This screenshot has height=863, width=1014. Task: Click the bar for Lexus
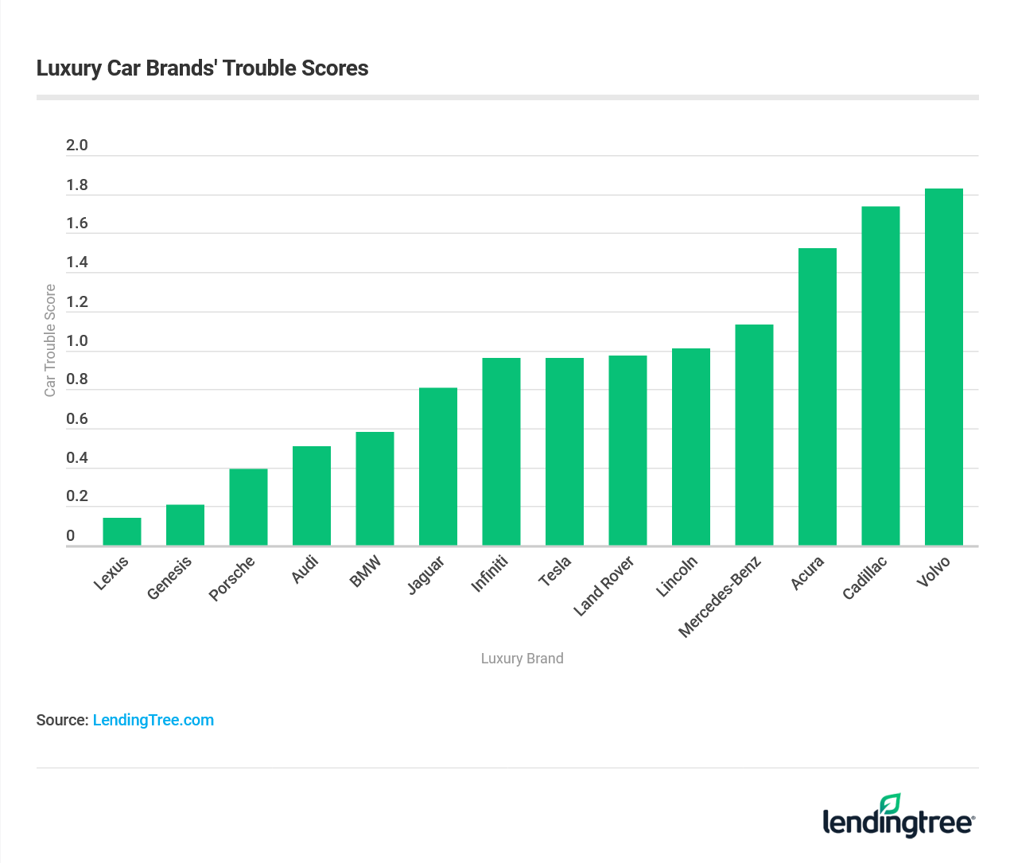pos(122,531)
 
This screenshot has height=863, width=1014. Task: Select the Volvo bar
pos(944,367)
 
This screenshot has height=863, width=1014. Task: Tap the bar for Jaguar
pos(438,466)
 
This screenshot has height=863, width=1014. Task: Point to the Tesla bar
pos(565,451)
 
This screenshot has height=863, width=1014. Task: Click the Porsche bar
pos(248,507)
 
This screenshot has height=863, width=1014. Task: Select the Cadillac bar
pos(880,375)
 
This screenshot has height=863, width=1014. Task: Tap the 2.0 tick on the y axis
pos(77,146)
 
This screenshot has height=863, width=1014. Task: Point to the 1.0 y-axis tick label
pos(77,341)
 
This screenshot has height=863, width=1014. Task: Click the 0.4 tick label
pos(77,458)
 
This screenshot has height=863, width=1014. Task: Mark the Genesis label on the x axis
pos(170,578)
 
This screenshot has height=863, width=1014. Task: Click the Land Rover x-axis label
pos(604,586)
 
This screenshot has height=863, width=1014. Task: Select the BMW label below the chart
pos(366,572)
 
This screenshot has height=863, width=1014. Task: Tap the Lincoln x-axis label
pos(677,577)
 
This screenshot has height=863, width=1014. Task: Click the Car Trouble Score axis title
pos(50,340)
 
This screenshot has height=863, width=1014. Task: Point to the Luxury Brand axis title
pos(522,659)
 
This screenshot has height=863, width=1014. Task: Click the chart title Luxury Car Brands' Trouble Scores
pos(203,68)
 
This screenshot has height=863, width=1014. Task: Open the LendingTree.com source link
pos(153,720)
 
